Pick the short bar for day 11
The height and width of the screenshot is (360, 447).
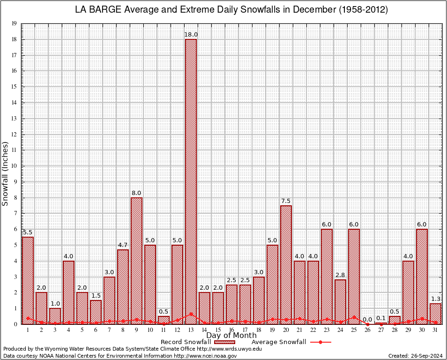pyautogui.click(x=164, y=320)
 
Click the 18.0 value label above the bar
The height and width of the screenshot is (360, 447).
pyautogui.click(x=191, y=34)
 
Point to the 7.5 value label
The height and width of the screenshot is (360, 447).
pyautogui.click(x=286, y=201)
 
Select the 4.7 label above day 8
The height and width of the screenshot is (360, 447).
pyautogui.click(x=123, y=245)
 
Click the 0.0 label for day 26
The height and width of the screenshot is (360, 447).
pyautogui.click(x=367, y=320)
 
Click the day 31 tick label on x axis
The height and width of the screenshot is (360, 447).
pyautogui.click(x=435, y=330)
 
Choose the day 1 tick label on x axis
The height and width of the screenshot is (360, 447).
pyautogui.click(x=28, y=330)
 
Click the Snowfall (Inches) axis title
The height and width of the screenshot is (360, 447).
pyautogui.click(x=6, y=173)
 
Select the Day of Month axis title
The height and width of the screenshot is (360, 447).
pyautogui.click(x=231, y=336)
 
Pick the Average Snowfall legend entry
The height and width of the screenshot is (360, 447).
pyautogui.click(x=278, y=342)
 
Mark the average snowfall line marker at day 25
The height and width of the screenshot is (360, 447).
pyautogui.click(x=354, y=317)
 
